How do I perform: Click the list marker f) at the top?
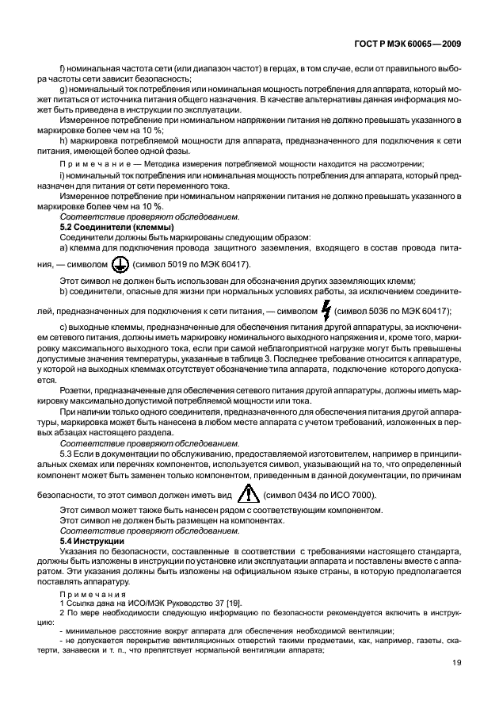pyautogui.click(x=63, y=69)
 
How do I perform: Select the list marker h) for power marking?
pyautogui.click(x=64, y=140)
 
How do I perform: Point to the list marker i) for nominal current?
pyautogui.click(x=63, y=174)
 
